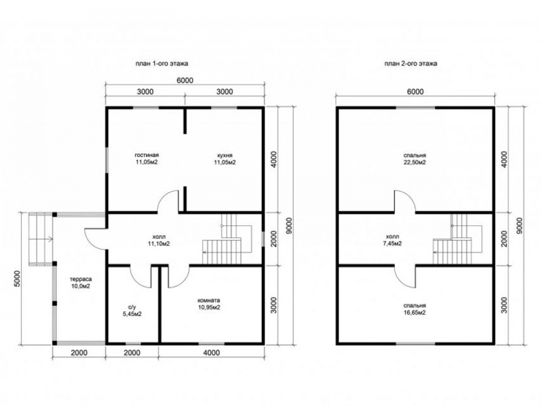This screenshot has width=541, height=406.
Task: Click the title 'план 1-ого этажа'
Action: click(x=161, y=63)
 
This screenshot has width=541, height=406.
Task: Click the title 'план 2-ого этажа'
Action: click(x=411, y=63)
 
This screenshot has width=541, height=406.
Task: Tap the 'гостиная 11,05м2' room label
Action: click(x=147, y=159)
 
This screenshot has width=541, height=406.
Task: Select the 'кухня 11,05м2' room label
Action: click(x=225, y=159)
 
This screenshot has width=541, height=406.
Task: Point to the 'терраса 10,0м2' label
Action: click(x=81, y=283)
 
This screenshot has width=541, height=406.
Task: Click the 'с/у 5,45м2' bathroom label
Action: click(x=132, y=310)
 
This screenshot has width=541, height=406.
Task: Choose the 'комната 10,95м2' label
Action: click(x=209, y=304)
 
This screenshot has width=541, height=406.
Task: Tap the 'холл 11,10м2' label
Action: click(x=159, y=240)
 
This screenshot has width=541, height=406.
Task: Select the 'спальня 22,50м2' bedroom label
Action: click(x=414, y=159)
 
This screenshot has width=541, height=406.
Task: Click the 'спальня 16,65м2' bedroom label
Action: click(x=414, y=309)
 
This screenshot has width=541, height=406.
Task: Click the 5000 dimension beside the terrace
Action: click(x=18, y=279)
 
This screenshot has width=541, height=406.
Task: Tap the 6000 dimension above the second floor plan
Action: click(x=415, y=91)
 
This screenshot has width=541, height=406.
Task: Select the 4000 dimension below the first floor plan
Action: click(x=212, y=352)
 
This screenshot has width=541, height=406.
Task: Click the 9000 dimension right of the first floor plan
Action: click(x=289, y=226)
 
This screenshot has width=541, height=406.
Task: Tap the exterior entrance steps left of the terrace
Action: click(x=41, y=239)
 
